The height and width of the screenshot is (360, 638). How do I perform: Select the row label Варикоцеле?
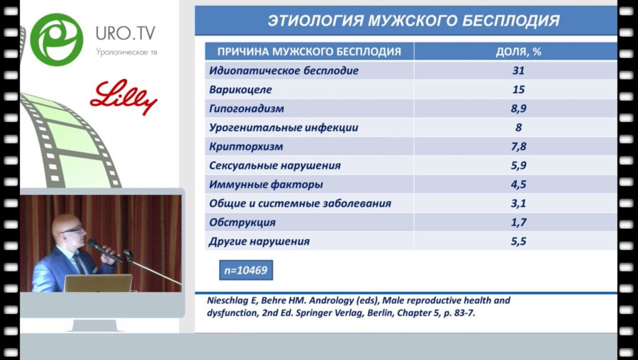pos(241,90)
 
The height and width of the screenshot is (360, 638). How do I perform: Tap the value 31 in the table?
pos(519,71)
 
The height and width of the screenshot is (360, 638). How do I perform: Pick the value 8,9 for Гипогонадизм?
pos(519,109)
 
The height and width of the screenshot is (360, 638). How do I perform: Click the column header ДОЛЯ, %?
pos(519,52)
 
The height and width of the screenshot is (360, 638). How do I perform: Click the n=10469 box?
pos(245,271)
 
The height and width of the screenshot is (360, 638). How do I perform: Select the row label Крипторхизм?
pos(247,147)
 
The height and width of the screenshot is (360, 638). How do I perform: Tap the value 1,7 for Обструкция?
pos(519,223)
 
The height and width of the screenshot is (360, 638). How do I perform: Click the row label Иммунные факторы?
pos(267,184)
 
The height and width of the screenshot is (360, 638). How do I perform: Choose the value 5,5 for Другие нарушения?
pos(519,242)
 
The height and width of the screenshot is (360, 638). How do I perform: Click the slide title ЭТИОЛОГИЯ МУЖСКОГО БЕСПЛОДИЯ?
pos(413,21)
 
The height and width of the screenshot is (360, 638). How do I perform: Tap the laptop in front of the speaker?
pos(97,283)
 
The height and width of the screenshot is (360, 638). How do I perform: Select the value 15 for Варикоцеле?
pos(519,90)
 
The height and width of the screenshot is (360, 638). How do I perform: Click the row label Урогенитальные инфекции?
pos(284,128)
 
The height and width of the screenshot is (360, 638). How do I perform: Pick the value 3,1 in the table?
pos(519,203)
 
